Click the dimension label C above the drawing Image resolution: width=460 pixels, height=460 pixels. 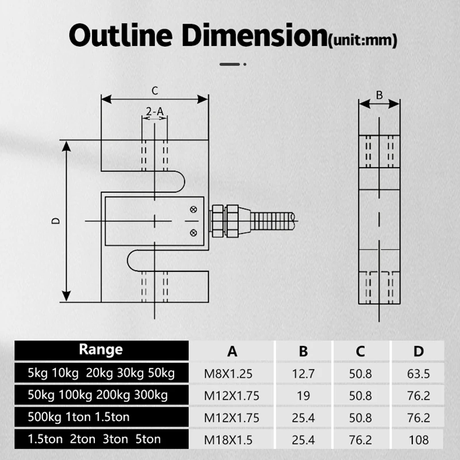155,90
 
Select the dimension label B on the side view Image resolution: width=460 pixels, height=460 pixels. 379,95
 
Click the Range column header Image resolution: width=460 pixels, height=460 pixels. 101,349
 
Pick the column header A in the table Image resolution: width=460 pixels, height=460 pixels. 232,351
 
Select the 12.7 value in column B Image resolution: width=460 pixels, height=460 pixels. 304,374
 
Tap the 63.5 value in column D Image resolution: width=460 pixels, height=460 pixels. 417,374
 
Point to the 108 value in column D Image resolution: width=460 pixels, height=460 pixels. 417,440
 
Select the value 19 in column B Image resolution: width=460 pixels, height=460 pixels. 304,396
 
